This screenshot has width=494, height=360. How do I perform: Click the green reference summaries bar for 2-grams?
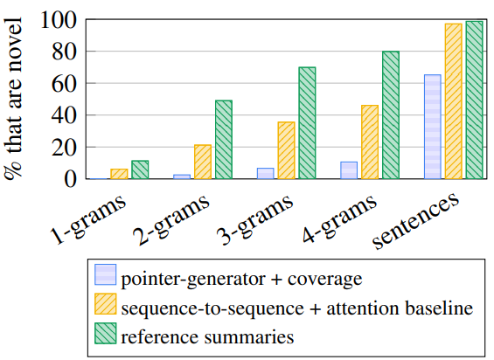(x=224, y=140)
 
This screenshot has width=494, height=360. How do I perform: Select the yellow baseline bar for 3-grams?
(x=286, y=150)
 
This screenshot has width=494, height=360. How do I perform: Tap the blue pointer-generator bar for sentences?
(x=432, y=127)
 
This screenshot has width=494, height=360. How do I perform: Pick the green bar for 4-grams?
(x=390, y=115)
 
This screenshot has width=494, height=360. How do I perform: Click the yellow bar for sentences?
(x=453, y=101)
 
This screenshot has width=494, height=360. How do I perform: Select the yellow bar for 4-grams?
(x=369, y=142)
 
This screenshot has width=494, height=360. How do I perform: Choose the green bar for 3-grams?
(x=307, y=123)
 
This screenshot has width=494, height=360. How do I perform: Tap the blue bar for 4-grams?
(x=349, y=170)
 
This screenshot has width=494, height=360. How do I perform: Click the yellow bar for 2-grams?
(x=203, y=162)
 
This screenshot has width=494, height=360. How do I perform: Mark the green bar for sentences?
(x=474, y=100)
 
